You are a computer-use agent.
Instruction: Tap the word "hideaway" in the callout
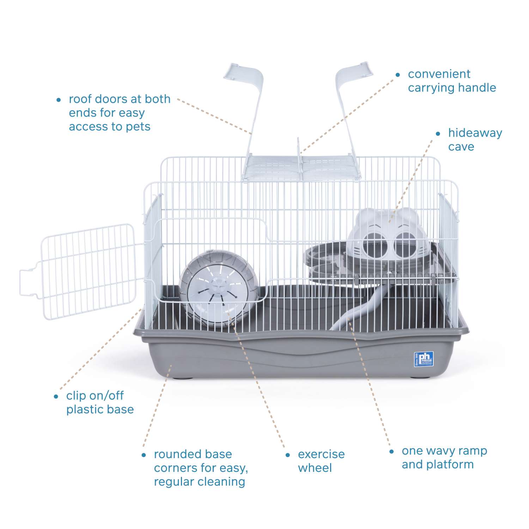[x=475, y=133]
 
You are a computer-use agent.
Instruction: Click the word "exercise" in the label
[x=321, y=454]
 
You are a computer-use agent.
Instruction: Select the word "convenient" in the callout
[x=439, y=74]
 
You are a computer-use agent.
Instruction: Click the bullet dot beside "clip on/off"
[x=56, y=396]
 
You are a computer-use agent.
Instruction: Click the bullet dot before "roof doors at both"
[x=59, y=100]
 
